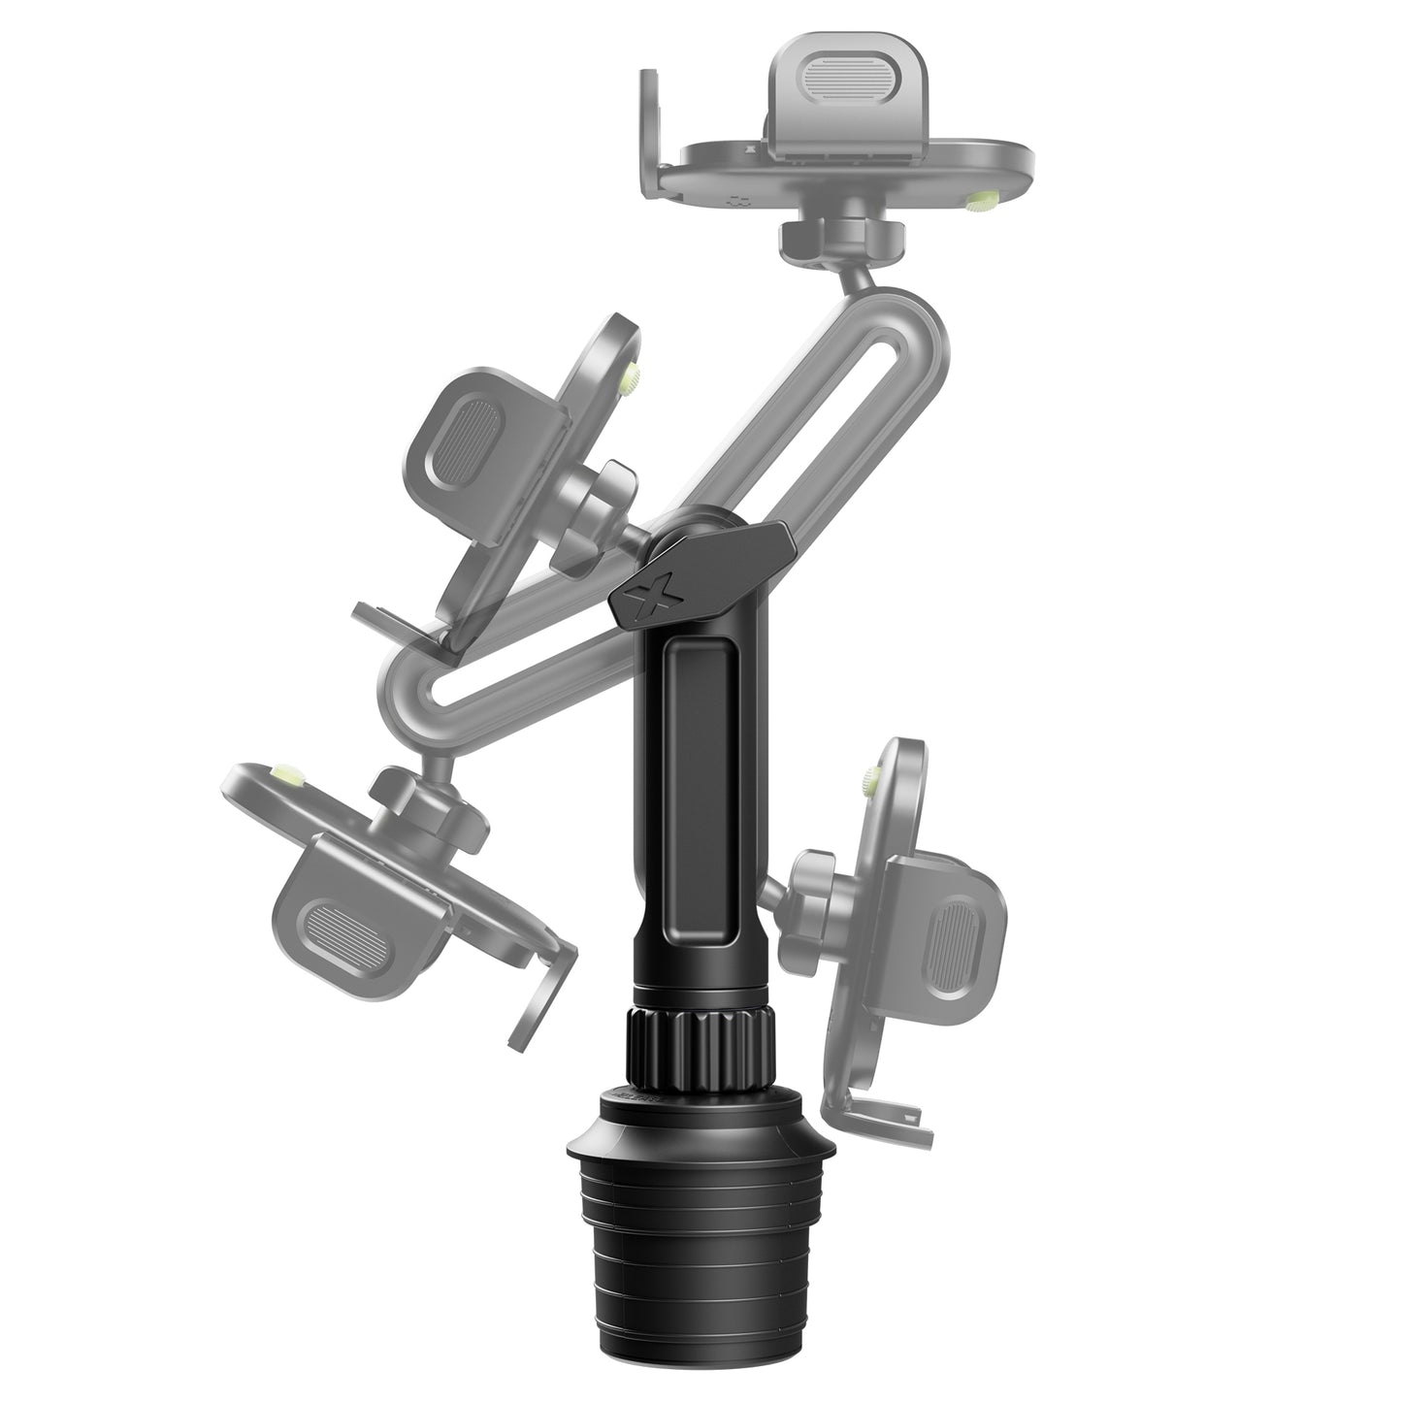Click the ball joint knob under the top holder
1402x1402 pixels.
(x=842, y=233)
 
